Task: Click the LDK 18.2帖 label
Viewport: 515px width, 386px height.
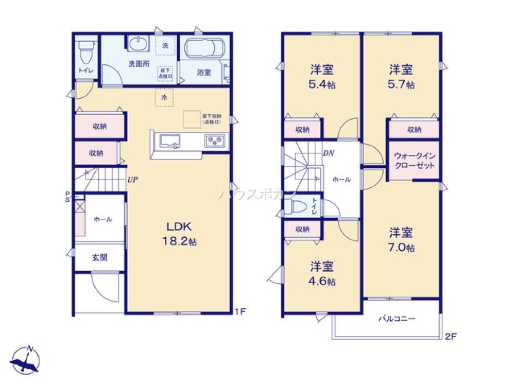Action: (x=178, y=233)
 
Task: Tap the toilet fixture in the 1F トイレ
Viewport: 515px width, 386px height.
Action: (x=85, y=51)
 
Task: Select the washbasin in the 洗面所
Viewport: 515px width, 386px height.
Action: (x=138, y=45)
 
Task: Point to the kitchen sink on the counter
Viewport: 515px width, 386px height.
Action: (x=169, y=141)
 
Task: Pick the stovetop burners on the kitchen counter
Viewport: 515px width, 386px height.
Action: (x=214, y=140)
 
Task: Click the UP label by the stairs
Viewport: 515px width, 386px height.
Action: (x=133, y=179)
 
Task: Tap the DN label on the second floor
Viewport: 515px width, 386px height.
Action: (x=329, y=153)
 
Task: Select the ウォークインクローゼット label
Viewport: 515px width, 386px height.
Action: (x=414, y=161)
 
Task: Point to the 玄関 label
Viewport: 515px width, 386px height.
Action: (x=99, y=258)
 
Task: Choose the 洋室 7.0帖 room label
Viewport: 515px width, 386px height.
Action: (x=401, y=239)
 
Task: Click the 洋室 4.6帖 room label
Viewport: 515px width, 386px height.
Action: (x=322, y=273)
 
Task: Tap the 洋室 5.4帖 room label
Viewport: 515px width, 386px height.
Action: (x=322, y=76)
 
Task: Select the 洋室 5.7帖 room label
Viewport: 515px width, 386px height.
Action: (x=401, y=76)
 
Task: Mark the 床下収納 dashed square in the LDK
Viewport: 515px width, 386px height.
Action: (x=192, y=119)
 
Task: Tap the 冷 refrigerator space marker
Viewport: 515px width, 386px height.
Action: (x=164, y=97)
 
